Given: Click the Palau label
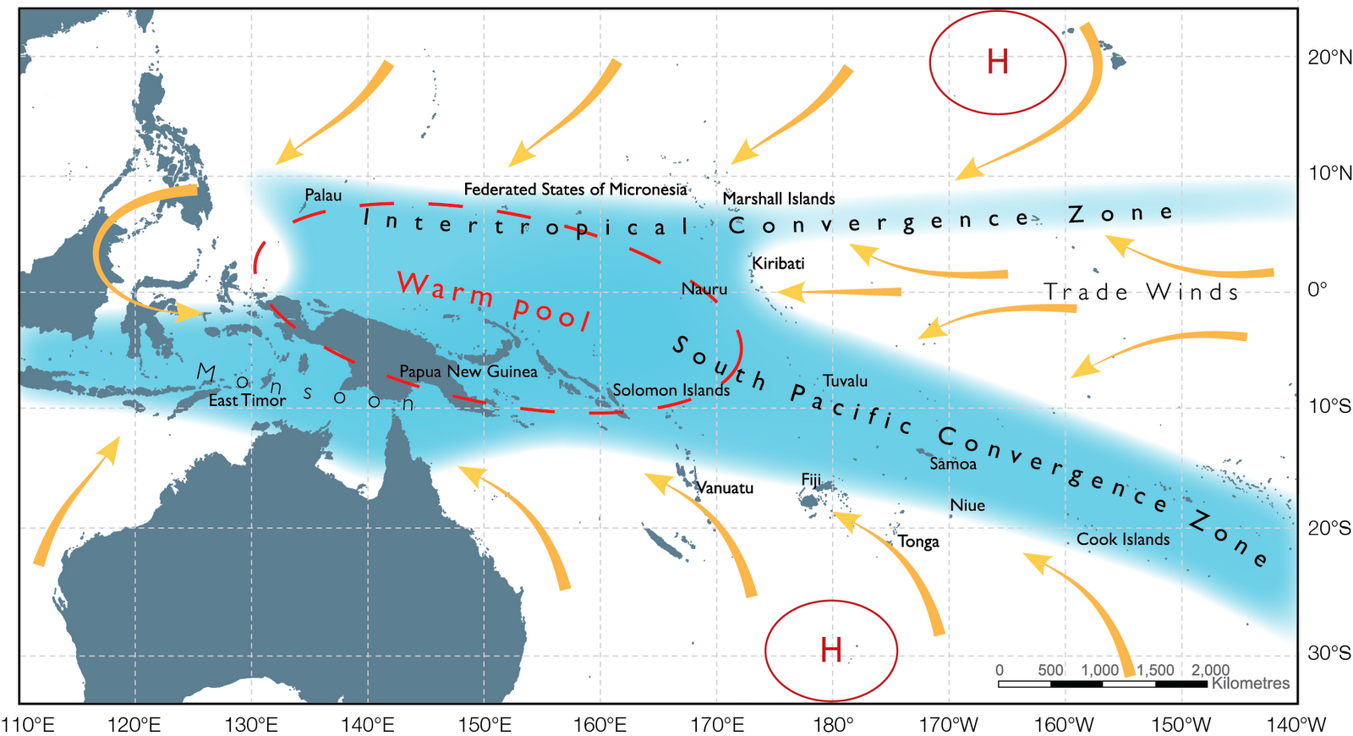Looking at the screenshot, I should [x=323, y=195].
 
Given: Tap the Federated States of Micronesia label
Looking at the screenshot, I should [x=575, y=189].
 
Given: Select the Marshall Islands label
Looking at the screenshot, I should [x=779, y=199].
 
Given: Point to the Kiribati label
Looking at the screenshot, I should [x=778, y=263].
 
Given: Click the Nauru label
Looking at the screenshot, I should [x=704, y=289].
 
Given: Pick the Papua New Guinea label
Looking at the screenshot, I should [x=468, y=371].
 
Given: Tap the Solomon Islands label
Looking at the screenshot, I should [x=671, y=390].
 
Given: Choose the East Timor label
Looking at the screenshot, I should [x=247, y=400].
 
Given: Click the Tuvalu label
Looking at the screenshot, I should [x=845, y=381].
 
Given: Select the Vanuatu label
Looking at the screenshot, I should [x=725, y=488].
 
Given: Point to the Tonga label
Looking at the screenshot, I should [x=918, y=541].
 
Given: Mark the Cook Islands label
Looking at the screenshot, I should [x=1123, y=539].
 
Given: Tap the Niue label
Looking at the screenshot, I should [x=967, y=505].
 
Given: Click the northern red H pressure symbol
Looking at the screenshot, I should [x=998, y=62].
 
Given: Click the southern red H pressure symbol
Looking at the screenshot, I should [x=831, y=650].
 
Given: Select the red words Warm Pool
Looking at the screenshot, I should [x=494, y=301].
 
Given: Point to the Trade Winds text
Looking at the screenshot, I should [x=1142, y=292].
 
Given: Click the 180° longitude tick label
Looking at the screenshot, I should [x=833, y=725].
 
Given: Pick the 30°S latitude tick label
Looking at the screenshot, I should [x=1329, y=653].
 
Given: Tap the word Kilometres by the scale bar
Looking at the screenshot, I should [x=1251, y=683].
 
